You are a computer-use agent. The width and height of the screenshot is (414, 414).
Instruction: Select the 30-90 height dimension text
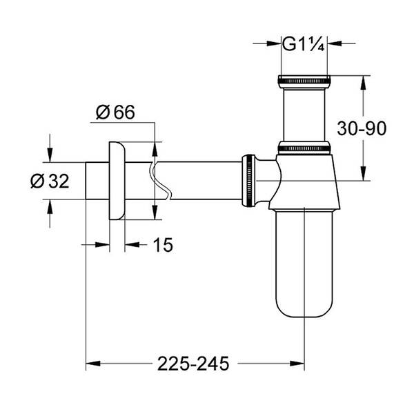click(x=361, y=128)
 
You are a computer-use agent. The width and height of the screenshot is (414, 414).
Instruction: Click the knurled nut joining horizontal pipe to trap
click(x=246, y=180)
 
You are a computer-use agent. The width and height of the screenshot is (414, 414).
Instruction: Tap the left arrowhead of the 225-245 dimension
click(x=90, y=361)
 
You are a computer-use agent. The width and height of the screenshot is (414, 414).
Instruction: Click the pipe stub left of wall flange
click(x=95, y=181)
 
